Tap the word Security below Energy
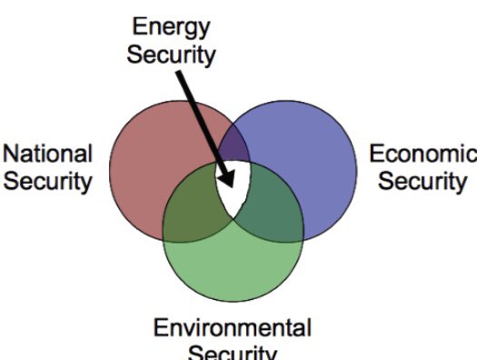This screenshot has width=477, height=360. click(x=172, y=54)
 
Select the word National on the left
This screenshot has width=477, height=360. click(x=48, y=153)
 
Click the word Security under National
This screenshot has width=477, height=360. click(x=48, y=180)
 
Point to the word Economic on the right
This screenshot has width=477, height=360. click(x=422, y=153)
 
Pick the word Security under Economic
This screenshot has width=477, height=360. click(x=422, y=180)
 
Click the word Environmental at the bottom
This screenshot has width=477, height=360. click(x=232, y=327)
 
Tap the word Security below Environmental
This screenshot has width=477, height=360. click(x=232, y=353)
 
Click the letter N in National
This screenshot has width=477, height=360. click(x=13, y=153)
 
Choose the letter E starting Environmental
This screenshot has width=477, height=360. click(x=161, y=327)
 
